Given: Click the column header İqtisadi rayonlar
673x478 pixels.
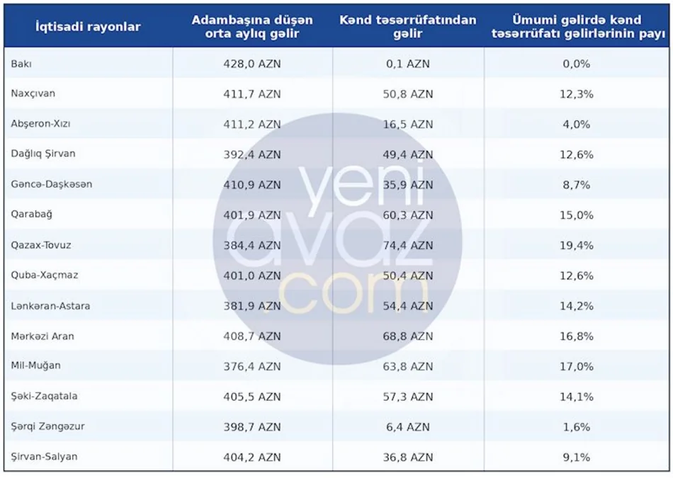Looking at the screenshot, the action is tap(88, 27).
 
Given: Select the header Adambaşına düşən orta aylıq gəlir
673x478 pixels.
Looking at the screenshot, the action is tap(252, 27).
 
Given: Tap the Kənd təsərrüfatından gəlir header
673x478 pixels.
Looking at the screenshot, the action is tap(408, 27).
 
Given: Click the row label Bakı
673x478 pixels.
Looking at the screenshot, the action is tap(21, 64).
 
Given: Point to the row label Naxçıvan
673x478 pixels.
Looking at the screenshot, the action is tap(33, 93).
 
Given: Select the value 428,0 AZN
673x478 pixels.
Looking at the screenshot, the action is tap(252, 64).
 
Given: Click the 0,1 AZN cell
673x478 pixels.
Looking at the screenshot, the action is tap(408, 64).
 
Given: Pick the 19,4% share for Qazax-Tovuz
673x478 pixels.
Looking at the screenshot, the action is tap(577, 246).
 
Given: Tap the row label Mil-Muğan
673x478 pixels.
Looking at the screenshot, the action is tap(35, 366).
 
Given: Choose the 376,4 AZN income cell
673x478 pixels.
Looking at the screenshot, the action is tap(252, 366).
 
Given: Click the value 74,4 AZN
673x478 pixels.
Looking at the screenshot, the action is tap(408, 246).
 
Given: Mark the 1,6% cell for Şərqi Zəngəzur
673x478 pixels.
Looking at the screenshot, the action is tap(577, 427).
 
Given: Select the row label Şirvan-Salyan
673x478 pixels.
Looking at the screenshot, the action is tap(44, 457).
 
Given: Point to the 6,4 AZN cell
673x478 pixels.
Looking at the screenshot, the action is tap(408, 427).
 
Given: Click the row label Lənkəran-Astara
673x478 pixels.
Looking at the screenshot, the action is tap(50, 306).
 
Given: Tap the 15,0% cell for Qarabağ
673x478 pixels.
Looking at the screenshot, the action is tap(577, 215).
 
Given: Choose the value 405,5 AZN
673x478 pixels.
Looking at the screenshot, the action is tap(252, 397).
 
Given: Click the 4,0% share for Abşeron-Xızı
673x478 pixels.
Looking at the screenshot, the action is tap(577, 125).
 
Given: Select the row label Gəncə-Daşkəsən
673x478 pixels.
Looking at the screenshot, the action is tap(52, 185).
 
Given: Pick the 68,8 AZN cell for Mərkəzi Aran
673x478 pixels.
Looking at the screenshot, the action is tap(408, 336).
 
